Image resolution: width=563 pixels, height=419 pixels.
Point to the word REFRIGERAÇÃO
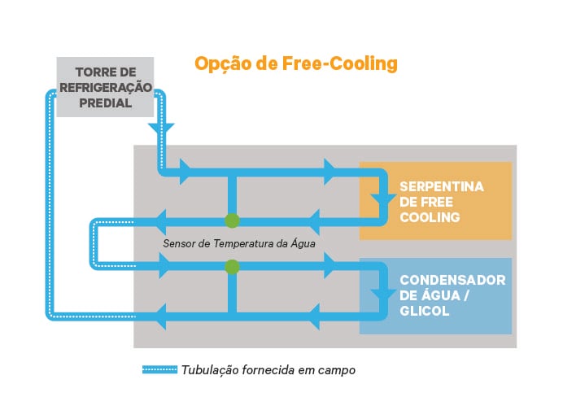click(x=104, y=87)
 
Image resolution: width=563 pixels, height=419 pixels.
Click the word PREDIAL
click(x=104, y=103)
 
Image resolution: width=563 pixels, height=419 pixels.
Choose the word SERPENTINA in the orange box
click(x=442, y=186)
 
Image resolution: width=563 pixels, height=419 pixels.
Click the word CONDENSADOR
click(x=452, y=280)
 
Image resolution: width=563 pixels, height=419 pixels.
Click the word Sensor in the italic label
click(x=180, y=242)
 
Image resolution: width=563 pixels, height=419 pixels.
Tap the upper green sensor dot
click(x=232, y=220)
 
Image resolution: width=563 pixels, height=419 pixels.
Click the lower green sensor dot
click(x=232, y=266)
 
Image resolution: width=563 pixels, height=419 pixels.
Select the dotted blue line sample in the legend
click(x=159, y=369)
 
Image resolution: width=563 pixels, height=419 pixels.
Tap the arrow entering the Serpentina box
click(x=380, y=200)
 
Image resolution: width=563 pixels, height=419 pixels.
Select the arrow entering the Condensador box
click(x=380, y=294)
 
